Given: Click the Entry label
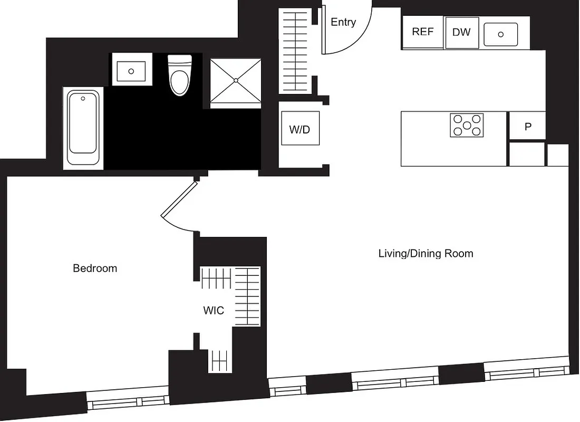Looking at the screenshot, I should (x=343, y=22).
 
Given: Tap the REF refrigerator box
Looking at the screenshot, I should (x=422, y=32).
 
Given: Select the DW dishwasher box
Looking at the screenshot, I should (x=461, y=32).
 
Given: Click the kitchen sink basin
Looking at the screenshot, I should (x=500, y=34).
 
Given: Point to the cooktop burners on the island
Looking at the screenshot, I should (x=467, y=125).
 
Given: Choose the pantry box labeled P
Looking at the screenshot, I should (x=527, y=126).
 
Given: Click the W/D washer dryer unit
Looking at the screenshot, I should (x=300, y=129).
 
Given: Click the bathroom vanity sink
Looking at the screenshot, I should (x=131, y=71).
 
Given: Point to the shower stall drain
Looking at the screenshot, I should (x=236, y=80).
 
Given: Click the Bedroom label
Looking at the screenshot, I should (x=95, y=268).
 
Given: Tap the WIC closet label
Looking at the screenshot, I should (x=214, y=311).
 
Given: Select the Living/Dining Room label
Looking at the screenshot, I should (x=426, y=254).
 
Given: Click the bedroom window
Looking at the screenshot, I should (x=127, y=402).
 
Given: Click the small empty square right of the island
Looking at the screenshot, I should (x=557, y=155).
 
